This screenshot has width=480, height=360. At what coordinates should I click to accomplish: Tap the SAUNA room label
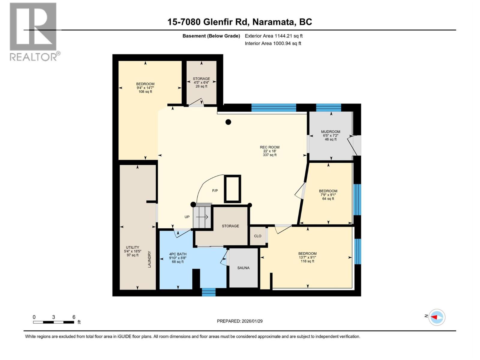243,268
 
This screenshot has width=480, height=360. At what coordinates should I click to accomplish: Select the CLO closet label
257,236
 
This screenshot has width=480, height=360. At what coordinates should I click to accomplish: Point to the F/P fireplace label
215,191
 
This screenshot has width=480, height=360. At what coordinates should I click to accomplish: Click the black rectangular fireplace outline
232,189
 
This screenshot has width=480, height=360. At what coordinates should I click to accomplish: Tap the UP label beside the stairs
187,217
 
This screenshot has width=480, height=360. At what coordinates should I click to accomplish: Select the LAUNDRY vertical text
149,259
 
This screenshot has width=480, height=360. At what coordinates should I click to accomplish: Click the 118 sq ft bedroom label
307,257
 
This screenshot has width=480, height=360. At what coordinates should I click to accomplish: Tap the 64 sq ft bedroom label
328,195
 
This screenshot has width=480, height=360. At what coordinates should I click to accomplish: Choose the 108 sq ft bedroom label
145,88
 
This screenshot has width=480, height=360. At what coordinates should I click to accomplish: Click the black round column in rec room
228,122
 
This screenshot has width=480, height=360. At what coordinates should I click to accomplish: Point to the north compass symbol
436,317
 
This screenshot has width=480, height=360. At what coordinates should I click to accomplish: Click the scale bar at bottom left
53,322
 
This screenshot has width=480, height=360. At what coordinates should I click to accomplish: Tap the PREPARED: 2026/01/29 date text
240,321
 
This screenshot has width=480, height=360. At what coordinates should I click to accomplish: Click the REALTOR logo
34,31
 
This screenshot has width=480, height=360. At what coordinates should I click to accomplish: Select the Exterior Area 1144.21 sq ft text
274,36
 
